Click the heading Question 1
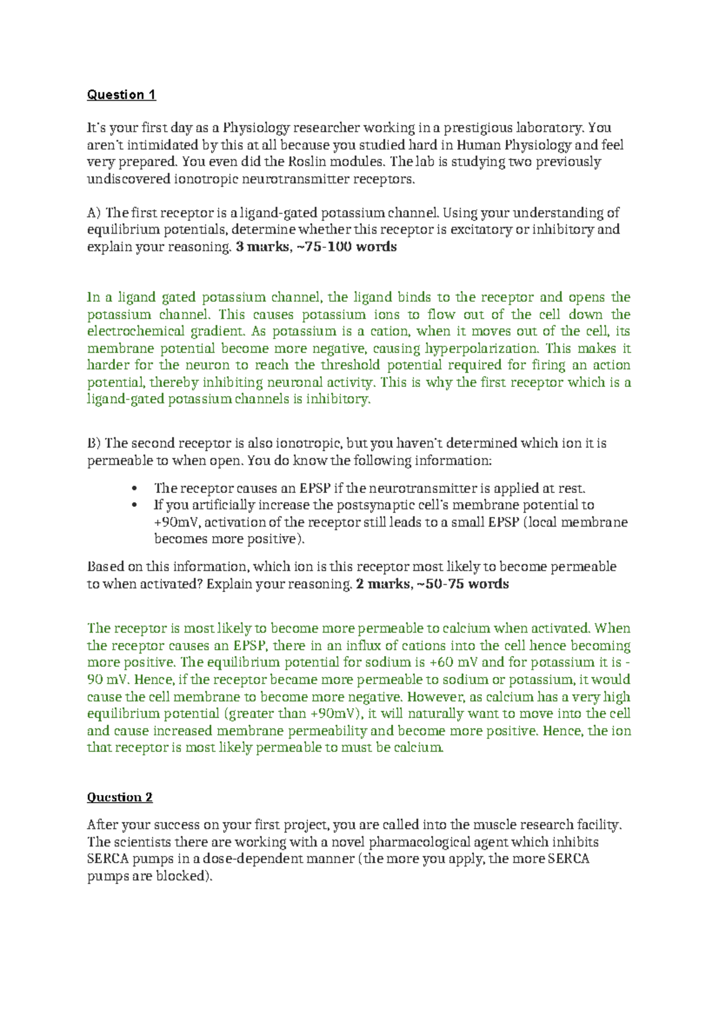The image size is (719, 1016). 121,95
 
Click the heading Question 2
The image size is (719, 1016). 119,797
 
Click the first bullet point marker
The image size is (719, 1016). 135,488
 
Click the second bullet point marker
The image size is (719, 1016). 135,505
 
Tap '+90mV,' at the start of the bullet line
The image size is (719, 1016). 177,522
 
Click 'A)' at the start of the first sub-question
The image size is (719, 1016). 94,213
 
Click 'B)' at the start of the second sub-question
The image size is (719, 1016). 94,443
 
